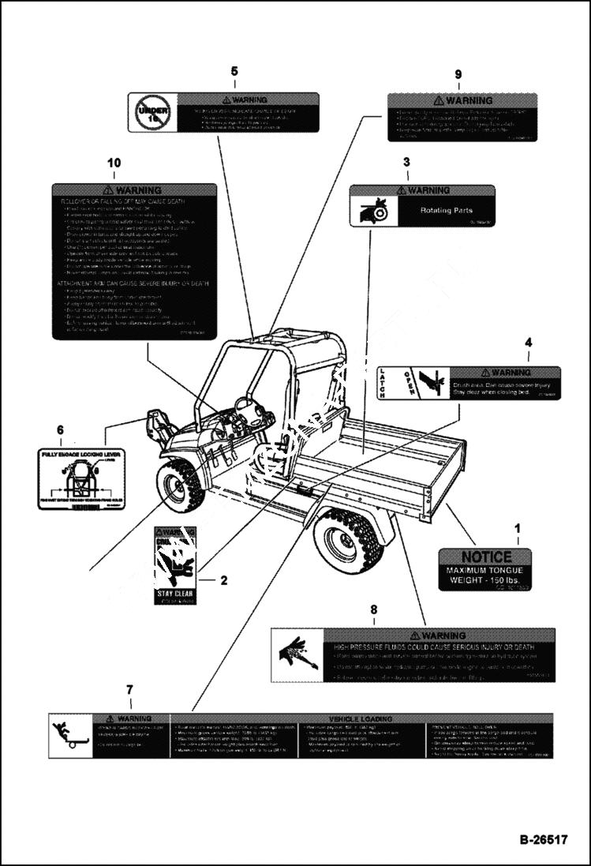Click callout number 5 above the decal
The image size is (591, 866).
coord(234,72)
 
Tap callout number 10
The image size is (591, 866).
coord(114,163)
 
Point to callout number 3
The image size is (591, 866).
coord(406,163)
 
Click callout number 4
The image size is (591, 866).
coord(528,343)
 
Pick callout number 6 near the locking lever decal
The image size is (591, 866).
coord(60,430)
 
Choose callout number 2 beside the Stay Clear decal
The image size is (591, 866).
coord(223,581)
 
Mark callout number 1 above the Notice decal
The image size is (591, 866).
coord(518,527)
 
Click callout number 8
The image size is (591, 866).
coord(374,609)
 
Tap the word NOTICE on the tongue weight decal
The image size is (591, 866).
coord(486,557)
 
